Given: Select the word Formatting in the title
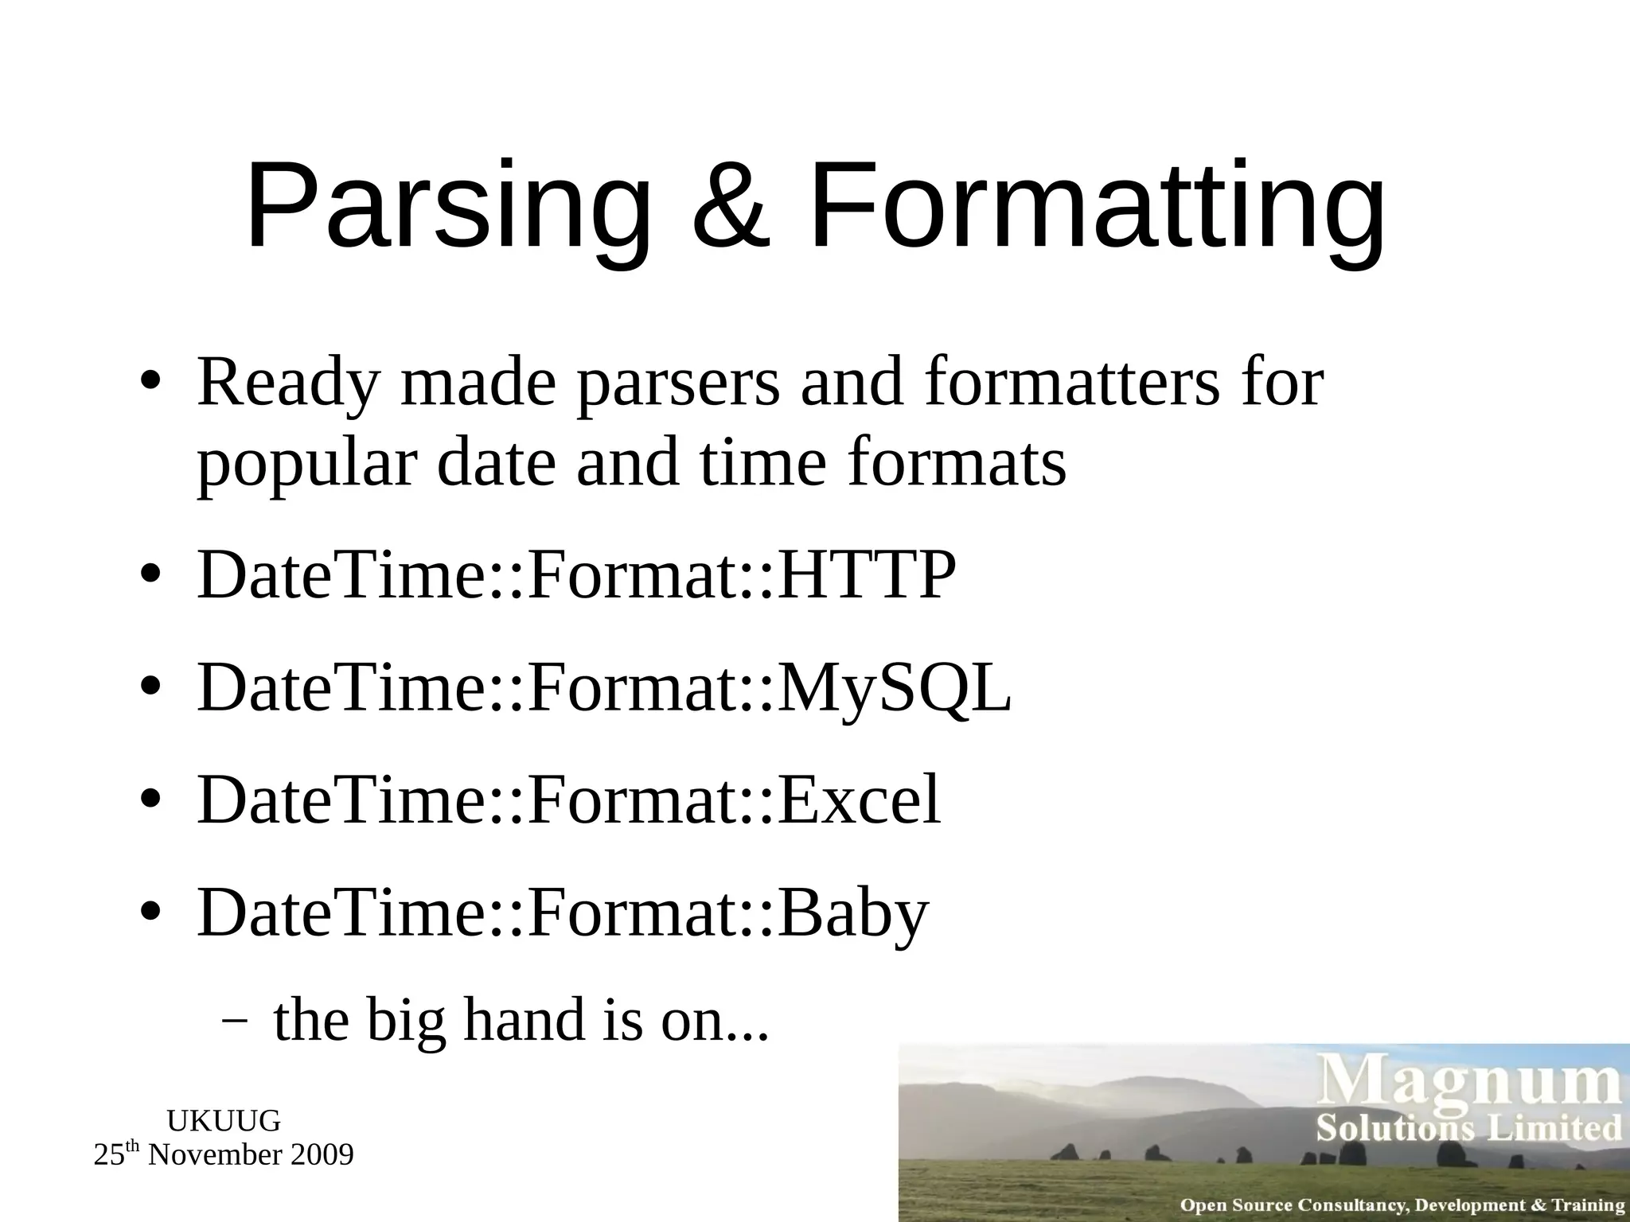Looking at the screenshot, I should [x=1095, y=208].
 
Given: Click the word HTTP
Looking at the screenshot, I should [x=867, y=574].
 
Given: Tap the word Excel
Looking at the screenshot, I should [x=860, y=800].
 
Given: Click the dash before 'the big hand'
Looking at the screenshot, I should [x=233, y=1021].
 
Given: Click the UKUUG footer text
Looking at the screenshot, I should [x=224, y=1121].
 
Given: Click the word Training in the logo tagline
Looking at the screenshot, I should [x=1588, y=1205].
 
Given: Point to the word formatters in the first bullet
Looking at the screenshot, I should [x=1071, y=386].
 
